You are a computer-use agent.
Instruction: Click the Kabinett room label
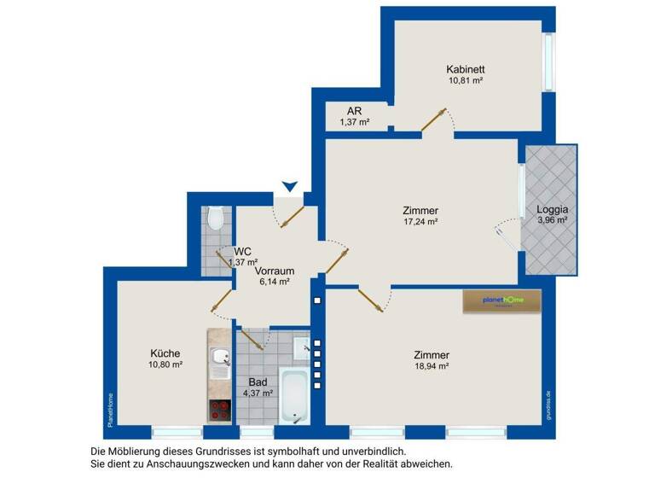465,68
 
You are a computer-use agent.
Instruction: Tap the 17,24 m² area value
420,222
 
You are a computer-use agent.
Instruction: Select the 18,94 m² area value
431,365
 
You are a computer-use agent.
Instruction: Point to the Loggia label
552,209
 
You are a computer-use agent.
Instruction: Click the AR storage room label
354,111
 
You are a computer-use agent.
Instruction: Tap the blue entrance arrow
291,185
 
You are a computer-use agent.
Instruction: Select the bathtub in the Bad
295,396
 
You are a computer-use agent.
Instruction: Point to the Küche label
165,353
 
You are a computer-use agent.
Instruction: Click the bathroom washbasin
300,347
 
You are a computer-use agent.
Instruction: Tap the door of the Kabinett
435,120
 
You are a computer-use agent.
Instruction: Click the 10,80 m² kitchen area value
165,364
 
